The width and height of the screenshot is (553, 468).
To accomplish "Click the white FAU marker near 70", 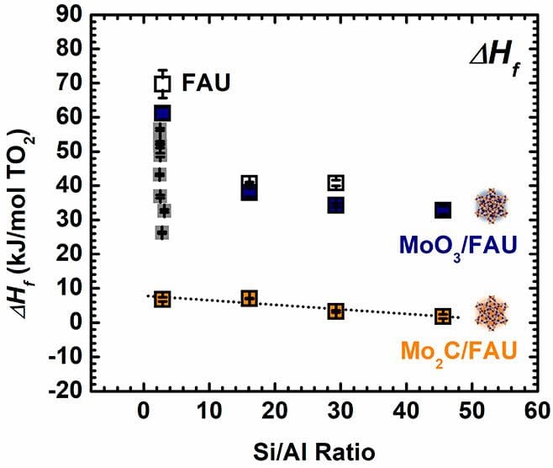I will point(162,83).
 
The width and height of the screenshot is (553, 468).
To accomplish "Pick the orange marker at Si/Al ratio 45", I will point(443,316).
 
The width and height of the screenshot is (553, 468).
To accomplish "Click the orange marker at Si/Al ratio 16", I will point(249,299).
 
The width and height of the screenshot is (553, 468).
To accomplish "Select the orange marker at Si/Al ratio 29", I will point(336,311).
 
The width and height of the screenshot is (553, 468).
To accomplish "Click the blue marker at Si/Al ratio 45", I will point(443,210).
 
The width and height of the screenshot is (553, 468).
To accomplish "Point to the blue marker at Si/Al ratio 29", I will point(336,205).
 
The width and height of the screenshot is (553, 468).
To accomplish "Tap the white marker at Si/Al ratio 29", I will point(336,183).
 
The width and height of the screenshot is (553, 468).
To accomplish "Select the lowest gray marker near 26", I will point(162,232).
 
